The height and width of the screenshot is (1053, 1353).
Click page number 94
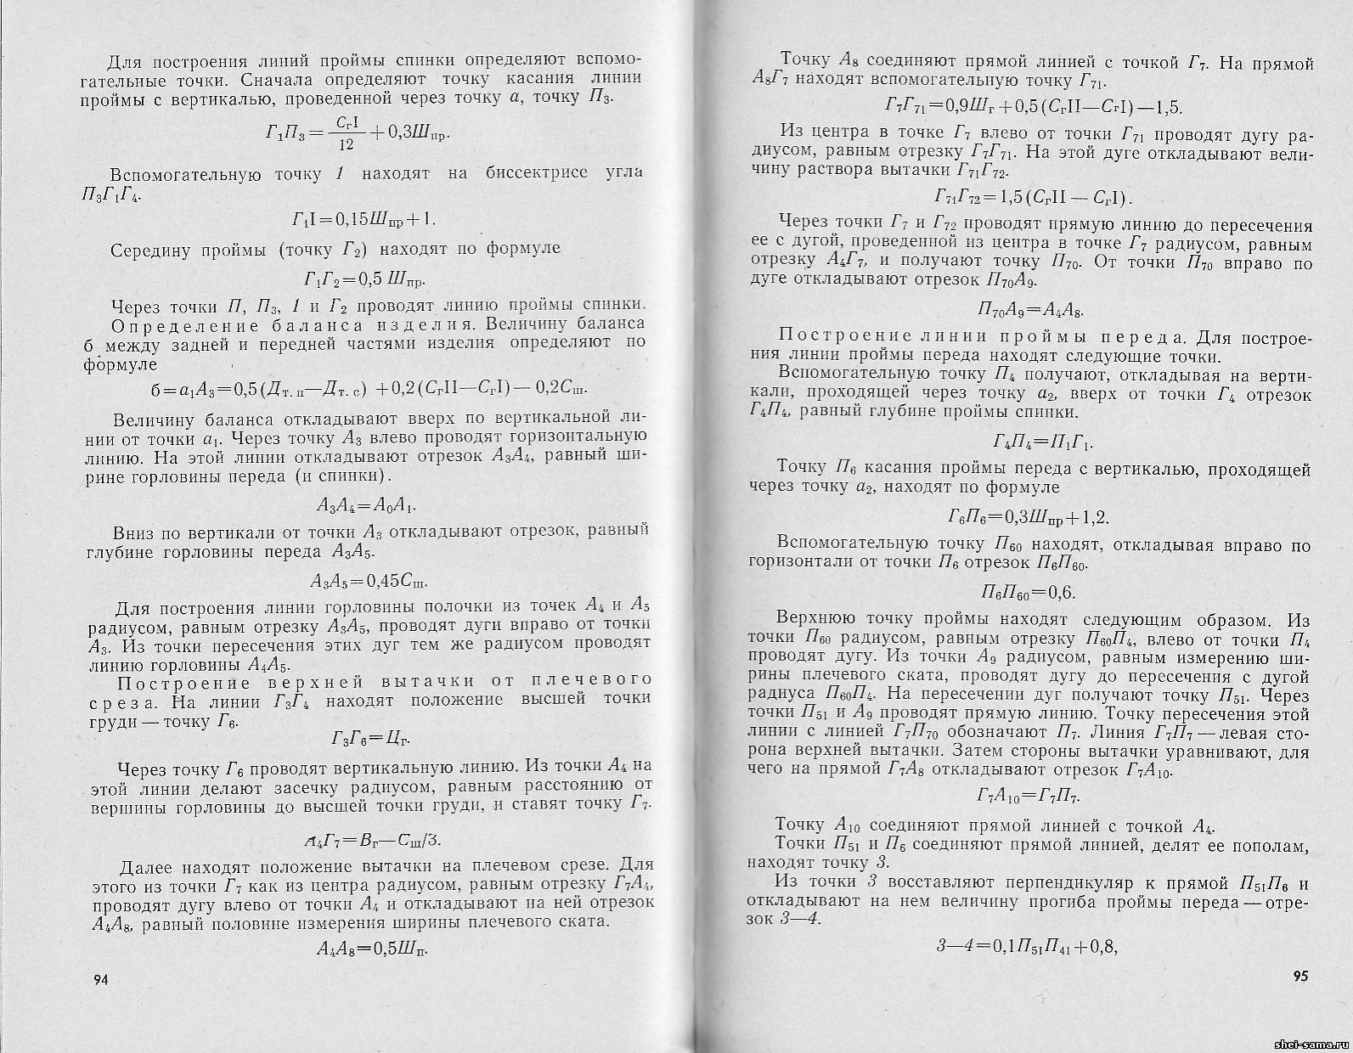click(100, 980)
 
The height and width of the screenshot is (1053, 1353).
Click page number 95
click(1299, 975)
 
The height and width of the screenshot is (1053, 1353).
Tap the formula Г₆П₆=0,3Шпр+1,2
click(1029, 517)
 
